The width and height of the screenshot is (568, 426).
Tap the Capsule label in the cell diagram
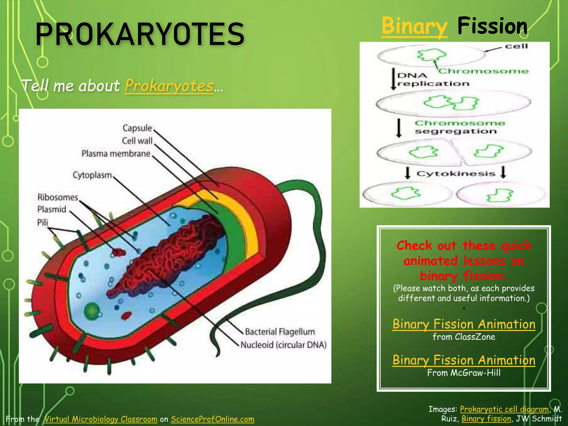137,128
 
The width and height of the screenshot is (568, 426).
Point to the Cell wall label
137,141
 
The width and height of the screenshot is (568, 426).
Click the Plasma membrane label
116,154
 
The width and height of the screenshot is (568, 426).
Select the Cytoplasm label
92,175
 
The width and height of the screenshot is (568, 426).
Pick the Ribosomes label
58,197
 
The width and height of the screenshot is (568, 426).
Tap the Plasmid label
52,209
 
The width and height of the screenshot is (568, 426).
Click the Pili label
43,222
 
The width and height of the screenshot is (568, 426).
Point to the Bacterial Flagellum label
280,332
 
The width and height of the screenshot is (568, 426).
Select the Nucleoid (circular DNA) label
283,345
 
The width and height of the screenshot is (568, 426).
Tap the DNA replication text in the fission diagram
433,80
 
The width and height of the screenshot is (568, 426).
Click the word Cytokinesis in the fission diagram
455,174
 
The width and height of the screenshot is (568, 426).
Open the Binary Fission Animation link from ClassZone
464,324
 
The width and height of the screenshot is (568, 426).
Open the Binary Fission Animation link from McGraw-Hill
464,360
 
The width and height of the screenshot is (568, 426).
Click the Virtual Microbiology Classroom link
101,419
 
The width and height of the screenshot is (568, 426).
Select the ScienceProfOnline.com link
212,419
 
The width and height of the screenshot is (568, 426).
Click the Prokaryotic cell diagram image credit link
504,409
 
